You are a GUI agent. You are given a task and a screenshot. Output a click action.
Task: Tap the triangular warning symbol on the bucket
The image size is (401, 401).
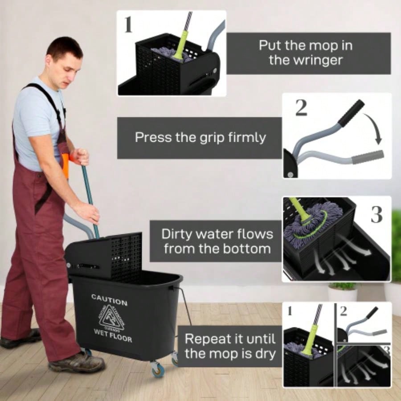(111, 317)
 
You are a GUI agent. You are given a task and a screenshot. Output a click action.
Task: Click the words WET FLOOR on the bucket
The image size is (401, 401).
(113, 336)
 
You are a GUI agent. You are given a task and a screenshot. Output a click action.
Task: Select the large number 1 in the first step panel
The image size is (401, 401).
(128, 25)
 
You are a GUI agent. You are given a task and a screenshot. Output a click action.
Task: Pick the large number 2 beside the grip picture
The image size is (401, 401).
(301, 107)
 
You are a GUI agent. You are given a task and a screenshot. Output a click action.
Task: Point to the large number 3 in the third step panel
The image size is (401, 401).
(376, 215)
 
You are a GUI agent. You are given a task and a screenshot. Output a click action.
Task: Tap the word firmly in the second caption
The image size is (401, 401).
(243, 137)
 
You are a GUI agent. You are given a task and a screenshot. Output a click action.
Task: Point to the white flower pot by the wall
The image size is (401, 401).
(342, 294)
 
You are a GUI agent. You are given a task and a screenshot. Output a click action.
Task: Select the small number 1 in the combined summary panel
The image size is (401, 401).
(290, 311)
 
